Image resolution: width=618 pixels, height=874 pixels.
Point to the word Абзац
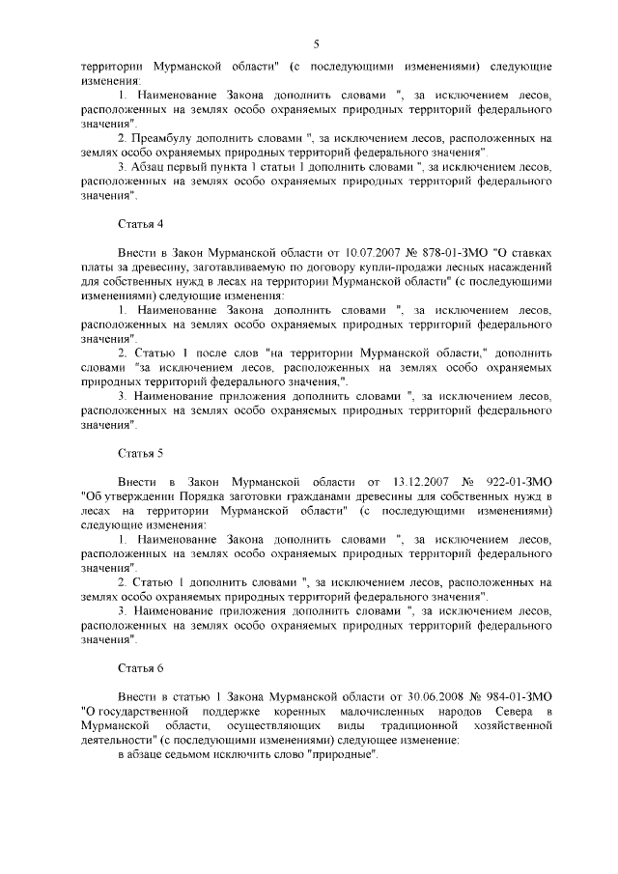pos(148,165)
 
